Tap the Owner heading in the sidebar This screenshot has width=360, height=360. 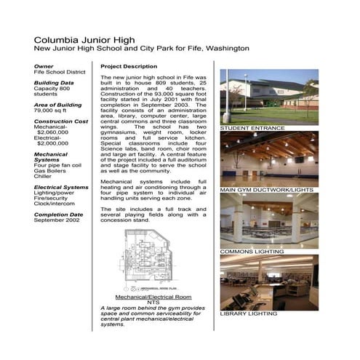tap(44, 65)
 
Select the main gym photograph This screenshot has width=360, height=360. tap(268, 159)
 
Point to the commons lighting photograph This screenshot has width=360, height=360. tap(268, 220)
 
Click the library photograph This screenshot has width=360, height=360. tap(268, 282)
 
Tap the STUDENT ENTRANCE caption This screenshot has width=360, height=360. tap(252, 129)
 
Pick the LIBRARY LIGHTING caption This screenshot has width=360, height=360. tap(249, 314)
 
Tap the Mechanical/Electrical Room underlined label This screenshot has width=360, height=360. tap(153, 299)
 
